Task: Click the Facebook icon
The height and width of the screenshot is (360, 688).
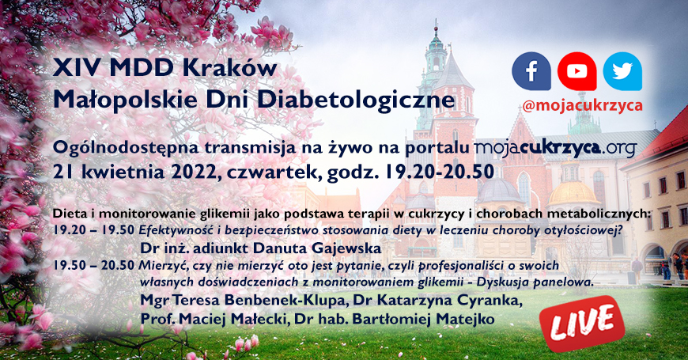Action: (531, 71)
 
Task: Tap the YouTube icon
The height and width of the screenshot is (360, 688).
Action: (577, 71)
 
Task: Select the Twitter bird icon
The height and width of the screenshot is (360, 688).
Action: (622, 71)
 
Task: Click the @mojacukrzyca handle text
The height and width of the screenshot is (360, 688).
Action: (582, 105)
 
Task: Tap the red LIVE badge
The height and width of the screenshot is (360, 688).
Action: (582, 324)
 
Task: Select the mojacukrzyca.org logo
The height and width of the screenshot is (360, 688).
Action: (555, 148)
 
